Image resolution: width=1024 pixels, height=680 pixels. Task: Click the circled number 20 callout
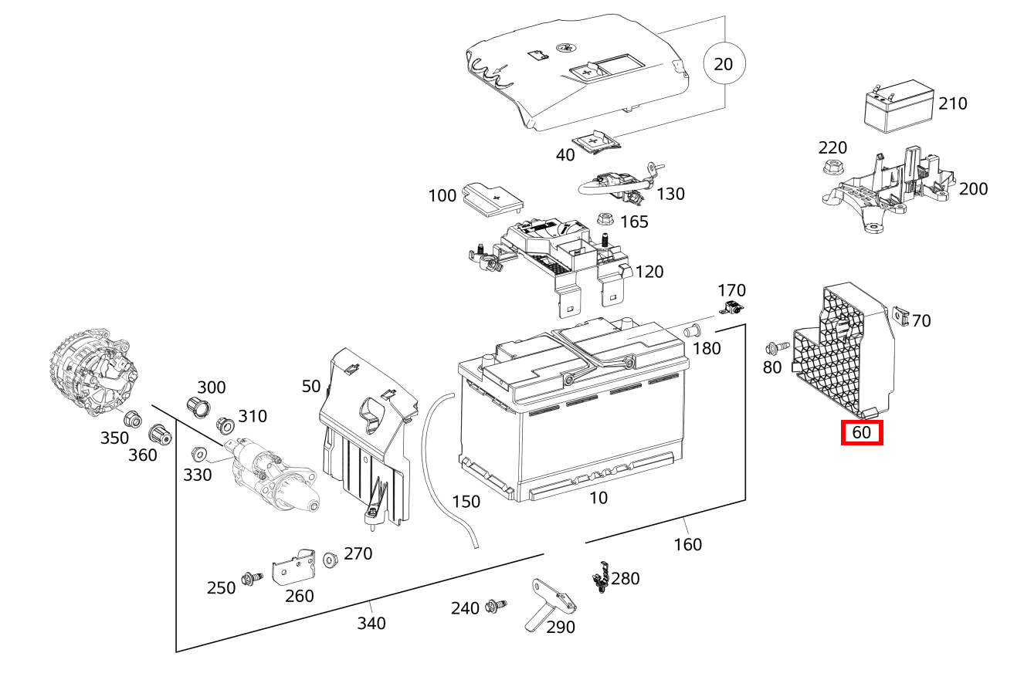click(x=723, y=64)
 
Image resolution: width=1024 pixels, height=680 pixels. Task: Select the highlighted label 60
click(x=861, y=433)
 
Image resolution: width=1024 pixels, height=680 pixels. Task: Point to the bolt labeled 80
click(x=776, y=348)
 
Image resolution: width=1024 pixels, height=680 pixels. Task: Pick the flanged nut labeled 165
click(x=605, y=221)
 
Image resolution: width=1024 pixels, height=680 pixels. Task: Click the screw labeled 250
click(x=251, y=577)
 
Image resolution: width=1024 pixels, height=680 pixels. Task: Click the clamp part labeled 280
click(x=600, y=578)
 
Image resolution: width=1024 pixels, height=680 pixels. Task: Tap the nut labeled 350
click(x=131, y=418)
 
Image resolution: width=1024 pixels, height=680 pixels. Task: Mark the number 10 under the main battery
click(x=598, y=498)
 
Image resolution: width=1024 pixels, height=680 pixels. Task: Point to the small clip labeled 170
click(x=731, y=310)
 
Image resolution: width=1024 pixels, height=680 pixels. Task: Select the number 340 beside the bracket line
click(x=371, y=623)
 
